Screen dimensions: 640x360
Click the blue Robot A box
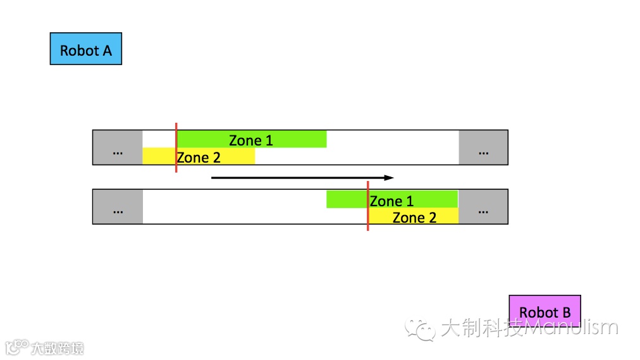(x=85, y=49)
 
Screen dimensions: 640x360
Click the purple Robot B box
(x=545, y=311)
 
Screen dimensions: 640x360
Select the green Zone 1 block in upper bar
(x=285, y=139)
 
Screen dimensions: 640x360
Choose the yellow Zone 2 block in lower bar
(x=443, y=216)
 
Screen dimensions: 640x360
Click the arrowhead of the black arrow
(x=390, y=178)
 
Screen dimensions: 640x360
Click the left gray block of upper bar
(x=118, y=147)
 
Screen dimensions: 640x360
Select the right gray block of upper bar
(x=483, y=147)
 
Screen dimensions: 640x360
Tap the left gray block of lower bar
(x=118, y=207)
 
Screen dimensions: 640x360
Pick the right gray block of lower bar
(x=483, y=207)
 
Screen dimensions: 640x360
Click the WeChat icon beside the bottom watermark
(x=421, y=328)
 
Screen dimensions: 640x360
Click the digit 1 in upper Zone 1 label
(x=269, y=140)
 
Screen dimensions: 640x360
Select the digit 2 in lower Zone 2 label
(x=432, y=218)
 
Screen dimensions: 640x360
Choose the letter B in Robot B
(x=565, y=313)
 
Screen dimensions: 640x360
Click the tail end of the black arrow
(x=212, y=178)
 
